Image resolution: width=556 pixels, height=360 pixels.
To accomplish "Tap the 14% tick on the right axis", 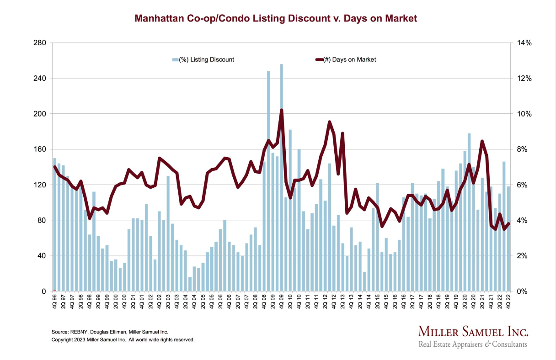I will coord(524,43).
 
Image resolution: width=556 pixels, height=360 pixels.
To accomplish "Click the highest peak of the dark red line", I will coord(281,110).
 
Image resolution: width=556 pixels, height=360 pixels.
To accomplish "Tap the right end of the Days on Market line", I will coord(508,223).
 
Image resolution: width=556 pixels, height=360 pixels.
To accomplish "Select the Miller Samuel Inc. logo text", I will coord(473,331).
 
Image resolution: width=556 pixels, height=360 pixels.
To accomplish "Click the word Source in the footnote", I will coord(59,332).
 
